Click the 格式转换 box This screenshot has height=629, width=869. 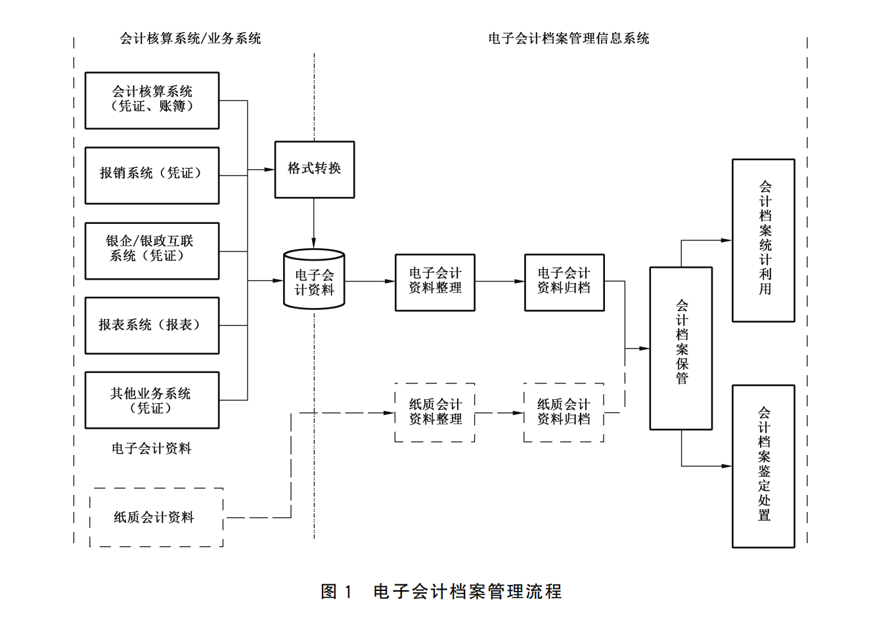pos(314,169)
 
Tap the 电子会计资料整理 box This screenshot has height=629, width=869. pos(435,282)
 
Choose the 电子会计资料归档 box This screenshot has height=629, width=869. pos(564,282)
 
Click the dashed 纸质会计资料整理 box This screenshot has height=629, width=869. pos(435,412)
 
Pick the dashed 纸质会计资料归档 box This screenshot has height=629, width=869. pos(564,412)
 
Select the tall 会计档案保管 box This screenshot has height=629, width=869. pos(681,348)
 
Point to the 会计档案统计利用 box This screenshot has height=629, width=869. pos(763,240)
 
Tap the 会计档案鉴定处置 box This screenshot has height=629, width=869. pos(763,466)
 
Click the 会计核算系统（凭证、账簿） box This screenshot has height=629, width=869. pos(152,100)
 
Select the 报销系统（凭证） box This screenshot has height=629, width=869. pos(152,175)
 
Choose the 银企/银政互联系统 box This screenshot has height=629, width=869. pos(152,251)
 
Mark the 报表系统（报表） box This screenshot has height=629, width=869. pos(152,326)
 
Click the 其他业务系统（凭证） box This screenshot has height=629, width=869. pos(152,401)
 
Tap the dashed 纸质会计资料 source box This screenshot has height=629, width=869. pos(156,517)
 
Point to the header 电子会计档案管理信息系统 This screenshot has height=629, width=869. pos(568,39)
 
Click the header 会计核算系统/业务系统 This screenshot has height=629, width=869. pos(190,39)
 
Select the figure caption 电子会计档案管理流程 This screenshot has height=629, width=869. pos(467,592)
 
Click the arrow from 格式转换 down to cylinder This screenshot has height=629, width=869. pos(314,223)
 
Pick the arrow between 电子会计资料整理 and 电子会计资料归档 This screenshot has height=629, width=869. pos(499,282)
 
